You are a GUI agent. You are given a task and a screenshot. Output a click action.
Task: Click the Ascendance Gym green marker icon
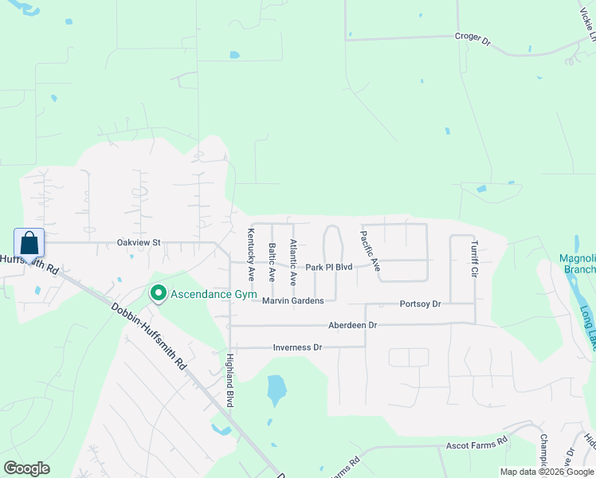(x=158, y=294)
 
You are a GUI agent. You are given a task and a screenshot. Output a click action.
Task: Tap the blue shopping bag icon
(x=29, y=242)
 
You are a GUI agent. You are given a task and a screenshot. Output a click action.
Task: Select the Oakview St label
(x=139, y=242)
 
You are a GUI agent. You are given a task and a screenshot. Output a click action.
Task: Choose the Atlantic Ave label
(x=293, y=263)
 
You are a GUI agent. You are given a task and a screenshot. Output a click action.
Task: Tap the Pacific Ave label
(x=370, y=251)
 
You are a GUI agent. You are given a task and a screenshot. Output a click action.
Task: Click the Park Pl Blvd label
(x=328, y=268)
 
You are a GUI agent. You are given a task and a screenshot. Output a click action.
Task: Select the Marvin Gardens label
(x=293, y=300)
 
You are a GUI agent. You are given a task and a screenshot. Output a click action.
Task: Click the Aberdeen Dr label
(x=352, y=325)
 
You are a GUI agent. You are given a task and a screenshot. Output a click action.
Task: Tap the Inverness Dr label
(x=296, y=347)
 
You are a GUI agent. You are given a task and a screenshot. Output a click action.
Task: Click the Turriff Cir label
(x=473, y=258)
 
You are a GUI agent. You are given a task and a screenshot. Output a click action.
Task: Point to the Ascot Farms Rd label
(x=476, y=441)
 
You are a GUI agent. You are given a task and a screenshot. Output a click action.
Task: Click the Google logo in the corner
(x=26, y=468)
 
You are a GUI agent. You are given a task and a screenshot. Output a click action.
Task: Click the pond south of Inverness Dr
(x=276, y=390)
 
